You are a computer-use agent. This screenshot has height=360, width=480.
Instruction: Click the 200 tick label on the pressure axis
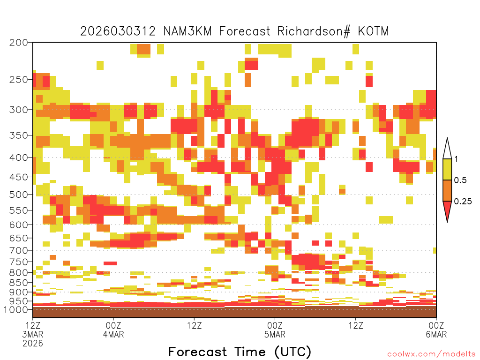18,43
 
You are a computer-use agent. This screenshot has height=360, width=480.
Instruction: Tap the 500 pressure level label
18,195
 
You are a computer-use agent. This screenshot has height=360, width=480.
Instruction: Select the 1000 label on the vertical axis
15,309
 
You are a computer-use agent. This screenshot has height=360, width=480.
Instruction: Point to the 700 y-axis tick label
18,250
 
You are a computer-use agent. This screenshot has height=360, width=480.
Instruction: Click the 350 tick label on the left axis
18,135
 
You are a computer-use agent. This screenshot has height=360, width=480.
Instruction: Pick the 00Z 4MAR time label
113,330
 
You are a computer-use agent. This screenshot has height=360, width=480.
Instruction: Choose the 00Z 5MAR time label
275,330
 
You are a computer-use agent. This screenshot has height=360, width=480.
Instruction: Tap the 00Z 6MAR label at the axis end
436,330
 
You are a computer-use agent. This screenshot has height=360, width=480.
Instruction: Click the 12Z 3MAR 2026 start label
33,334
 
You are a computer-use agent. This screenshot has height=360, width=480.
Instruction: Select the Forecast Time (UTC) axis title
240,352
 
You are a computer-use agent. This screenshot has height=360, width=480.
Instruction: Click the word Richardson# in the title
314,31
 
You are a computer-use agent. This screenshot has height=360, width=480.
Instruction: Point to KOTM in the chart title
374,31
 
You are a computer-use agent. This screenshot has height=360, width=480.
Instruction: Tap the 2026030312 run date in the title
118,31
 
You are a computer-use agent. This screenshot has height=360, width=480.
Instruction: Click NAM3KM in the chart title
187,31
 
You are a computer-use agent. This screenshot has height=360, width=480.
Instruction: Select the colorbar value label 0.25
463,201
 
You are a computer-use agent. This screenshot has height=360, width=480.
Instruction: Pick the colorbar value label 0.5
460,180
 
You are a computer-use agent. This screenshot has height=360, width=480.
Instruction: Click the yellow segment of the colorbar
447,169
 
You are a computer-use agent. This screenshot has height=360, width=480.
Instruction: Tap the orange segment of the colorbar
447,190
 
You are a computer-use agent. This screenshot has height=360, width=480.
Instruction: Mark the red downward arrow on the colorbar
447,210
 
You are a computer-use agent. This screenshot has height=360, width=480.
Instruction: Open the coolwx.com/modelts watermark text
432,354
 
